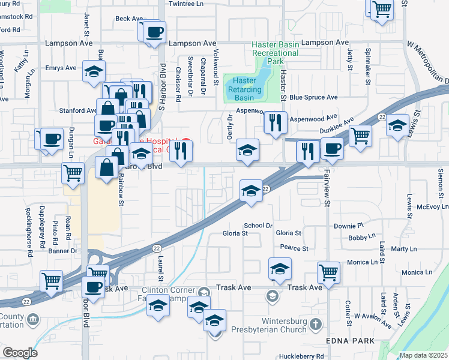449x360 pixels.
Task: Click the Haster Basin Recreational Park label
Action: point(275,53)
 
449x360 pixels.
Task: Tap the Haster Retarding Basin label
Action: point(244,89)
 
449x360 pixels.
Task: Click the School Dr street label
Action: point(258,226)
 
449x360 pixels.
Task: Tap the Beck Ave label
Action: point(128,19)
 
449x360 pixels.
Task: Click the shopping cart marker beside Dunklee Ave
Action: point(360,136)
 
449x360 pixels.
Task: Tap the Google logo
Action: point(19,353)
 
